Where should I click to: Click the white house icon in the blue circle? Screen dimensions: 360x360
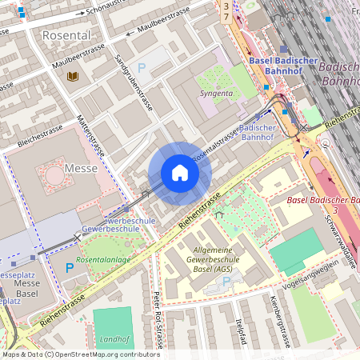tap(180, 173)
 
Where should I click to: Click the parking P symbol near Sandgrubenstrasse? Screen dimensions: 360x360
tap(142, 69)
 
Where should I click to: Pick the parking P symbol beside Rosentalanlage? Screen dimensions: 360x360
tap(70, 267)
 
